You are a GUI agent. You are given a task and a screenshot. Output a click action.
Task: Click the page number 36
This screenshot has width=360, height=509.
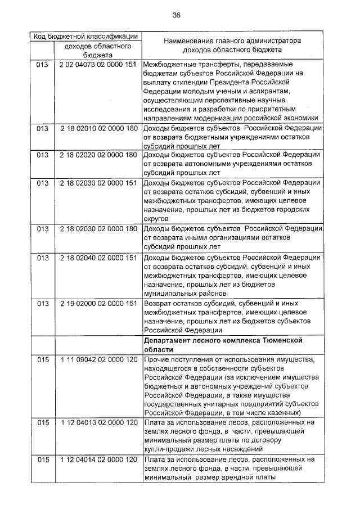pos(177,15)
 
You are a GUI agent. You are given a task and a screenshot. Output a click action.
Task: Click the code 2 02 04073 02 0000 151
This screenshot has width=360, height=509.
pos(98,65)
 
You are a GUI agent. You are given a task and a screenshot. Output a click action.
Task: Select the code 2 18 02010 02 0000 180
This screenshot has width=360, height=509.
pos(98,129)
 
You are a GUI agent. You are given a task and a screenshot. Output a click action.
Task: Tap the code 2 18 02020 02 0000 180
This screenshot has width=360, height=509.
pos(98,155)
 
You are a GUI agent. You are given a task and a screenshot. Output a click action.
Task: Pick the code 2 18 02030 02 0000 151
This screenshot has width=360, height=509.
pos(98,183)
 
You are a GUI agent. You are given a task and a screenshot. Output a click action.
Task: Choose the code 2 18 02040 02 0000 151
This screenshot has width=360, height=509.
pos(98,257)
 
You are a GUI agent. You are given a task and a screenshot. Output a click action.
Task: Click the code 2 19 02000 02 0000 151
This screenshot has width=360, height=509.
pos(98,304)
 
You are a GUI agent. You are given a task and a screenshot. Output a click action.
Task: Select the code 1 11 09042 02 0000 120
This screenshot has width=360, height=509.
pos(98,359)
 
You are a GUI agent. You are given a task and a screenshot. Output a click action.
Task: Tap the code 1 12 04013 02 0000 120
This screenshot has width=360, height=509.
pos(98,422)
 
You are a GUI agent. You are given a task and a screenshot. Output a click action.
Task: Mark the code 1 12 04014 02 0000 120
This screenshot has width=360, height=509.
pos(98,460)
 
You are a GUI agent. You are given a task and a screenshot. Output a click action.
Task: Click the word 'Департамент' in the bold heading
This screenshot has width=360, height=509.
pos(171,340)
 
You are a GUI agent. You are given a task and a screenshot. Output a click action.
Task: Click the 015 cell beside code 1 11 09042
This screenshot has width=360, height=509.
pos(43,359)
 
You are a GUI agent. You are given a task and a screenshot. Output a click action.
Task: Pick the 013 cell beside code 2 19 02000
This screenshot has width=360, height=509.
pos(43,304)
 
